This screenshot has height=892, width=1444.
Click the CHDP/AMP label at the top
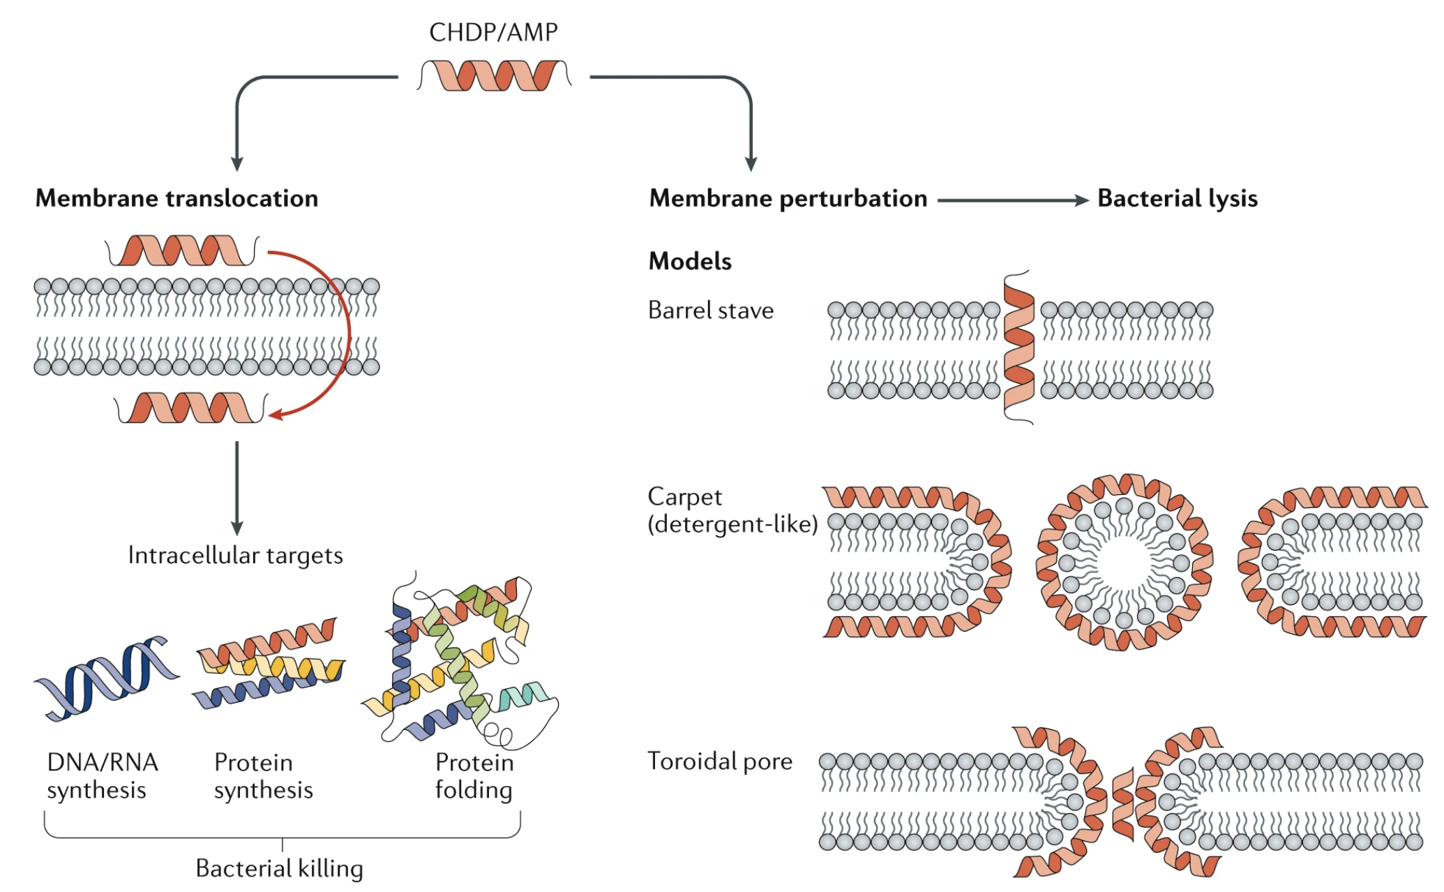[493, 32]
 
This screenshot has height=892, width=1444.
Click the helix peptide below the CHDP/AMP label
[495, 75]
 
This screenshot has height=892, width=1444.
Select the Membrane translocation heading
[176, 198]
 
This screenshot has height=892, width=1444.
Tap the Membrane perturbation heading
[788, 198]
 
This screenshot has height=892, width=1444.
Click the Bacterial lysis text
[1177, 198]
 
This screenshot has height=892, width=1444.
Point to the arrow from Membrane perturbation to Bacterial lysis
[1012, 200]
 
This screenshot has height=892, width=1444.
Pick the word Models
[690, 261]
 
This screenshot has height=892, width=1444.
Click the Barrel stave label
[710, 310]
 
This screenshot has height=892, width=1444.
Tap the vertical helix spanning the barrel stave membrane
[1018, 348]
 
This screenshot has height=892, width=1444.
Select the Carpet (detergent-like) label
[731, 510]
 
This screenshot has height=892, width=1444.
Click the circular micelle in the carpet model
[1124, 562]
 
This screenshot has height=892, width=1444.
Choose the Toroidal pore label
[719, 761]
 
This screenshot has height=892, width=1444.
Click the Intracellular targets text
[235, 556]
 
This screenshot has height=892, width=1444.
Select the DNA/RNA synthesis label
[102, 776]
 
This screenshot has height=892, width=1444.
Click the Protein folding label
[474, 776]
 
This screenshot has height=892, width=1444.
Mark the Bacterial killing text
[279, 868]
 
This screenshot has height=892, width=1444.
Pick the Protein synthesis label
[263, 776]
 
